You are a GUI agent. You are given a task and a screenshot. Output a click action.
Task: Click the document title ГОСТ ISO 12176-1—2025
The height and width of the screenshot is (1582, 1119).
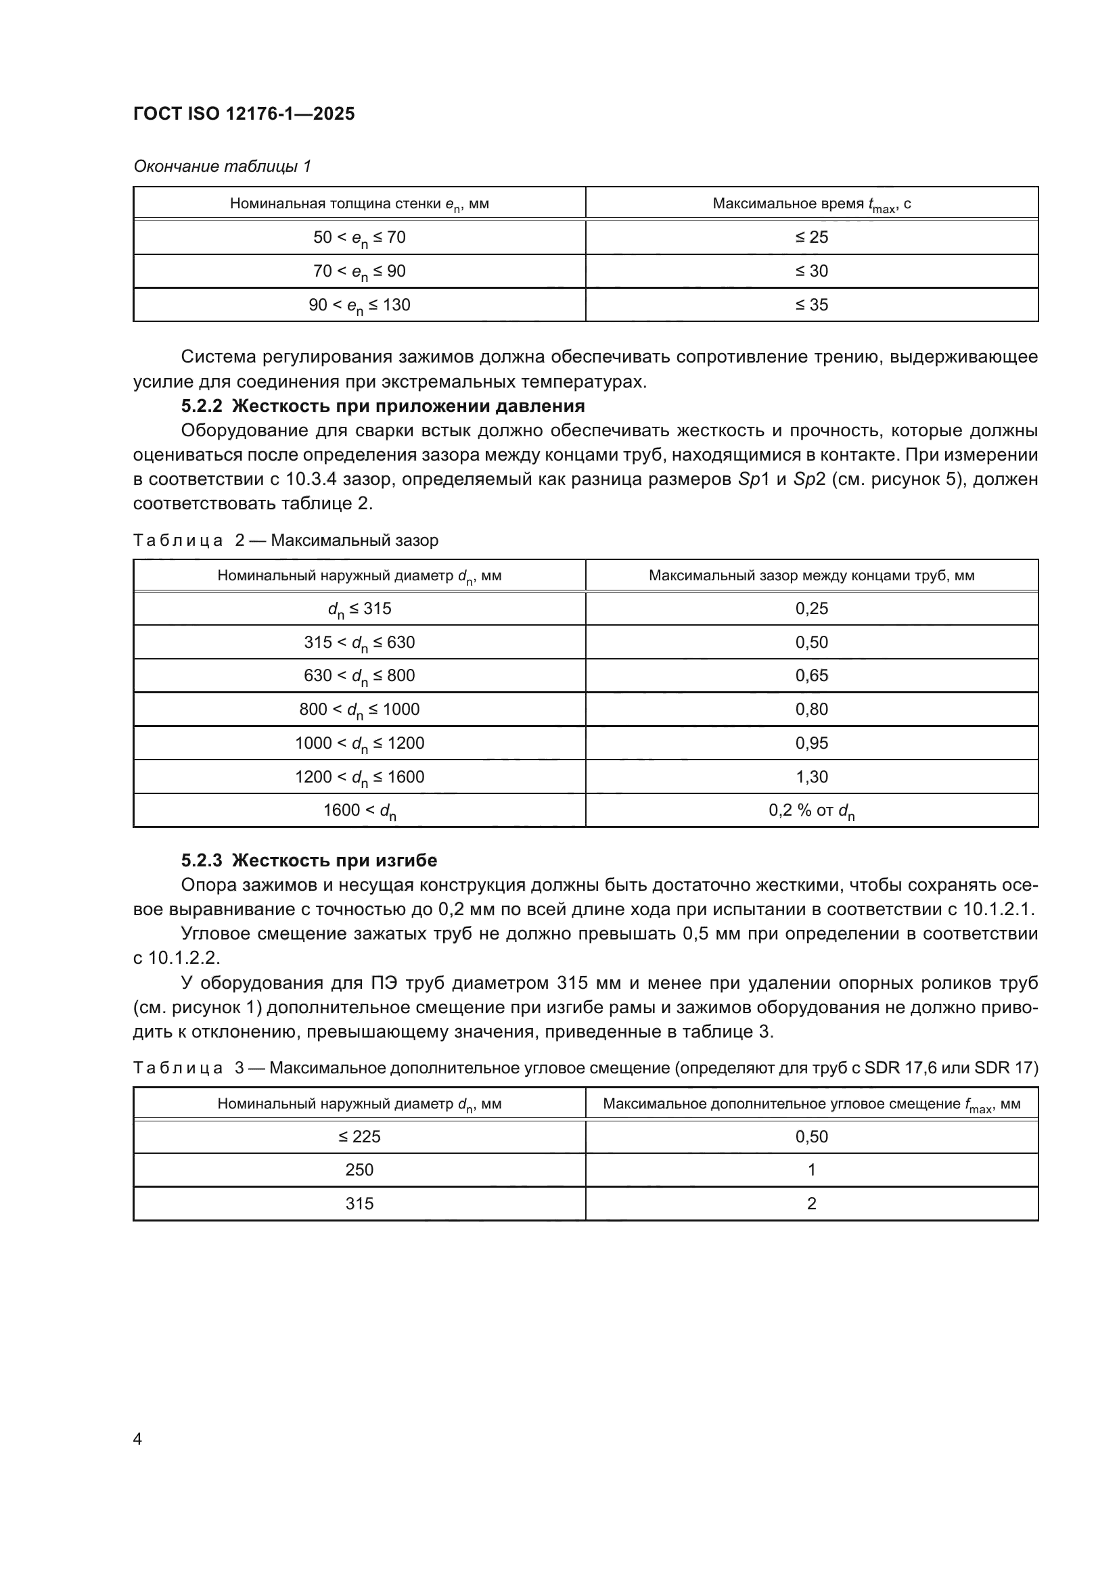click(244, 114)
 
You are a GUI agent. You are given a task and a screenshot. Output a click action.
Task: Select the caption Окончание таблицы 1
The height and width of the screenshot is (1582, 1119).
click(222, 166)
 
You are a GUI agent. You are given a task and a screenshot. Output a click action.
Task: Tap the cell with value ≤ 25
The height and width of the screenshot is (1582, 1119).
click(811, 237)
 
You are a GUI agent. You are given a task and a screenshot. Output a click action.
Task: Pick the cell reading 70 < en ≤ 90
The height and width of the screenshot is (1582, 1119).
click(359, 271)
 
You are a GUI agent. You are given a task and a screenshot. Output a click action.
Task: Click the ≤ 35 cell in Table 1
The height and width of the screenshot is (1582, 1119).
click(811, 304)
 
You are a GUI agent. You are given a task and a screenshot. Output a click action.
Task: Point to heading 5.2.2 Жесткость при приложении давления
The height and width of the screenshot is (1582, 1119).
click(382, 406)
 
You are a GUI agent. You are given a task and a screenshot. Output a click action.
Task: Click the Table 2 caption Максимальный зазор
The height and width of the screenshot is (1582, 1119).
click(286, 540)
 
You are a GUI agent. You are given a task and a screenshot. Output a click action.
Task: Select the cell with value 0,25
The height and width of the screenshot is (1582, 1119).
click(811, 609)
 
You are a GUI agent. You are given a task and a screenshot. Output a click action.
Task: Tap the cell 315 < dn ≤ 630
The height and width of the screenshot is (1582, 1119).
click(359, 642)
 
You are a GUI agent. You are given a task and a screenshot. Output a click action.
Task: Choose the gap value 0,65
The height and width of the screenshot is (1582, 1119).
click(811, 675)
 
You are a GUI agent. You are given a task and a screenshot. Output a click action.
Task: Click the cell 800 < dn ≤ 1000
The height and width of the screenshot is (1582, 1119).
click(359, 709)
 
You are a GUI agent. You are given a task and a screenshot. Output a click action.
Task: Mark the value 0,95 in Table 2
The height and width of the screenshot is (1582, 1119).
click(811, 743)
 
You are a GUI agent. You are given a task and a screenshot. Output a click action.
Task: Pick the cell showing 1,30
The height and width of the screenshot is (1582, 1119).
click(811, 776)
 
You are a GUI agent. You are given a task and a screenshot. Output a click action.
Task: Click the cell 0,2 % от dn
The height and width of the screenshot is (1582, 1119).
click(811, 810)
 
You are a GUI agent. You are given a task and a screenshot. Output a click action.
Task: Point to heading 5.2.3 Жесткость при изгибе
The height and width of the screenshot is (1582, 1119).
click(309, 860)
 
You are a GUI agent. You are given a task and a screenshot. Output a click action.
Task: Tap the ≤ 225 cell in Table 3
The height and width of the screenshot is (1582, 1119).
click(359, 1136)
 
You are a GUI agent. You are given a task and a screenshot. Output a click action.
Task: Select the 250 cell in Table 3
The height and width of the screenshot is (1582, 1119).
click(359, 1169)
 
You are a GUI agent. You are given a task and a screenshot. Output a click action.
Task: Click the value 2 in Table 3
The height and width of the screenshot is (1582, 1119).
click(811, 1203)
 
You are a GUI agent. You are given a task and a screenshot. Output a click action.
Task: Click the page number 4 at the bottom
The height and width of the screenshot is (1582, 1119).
click(137, 1439)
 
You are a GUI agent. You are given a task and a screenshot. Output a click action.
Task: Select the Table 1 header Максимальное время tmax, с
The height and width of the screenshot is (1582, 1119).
click(811, 204)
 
